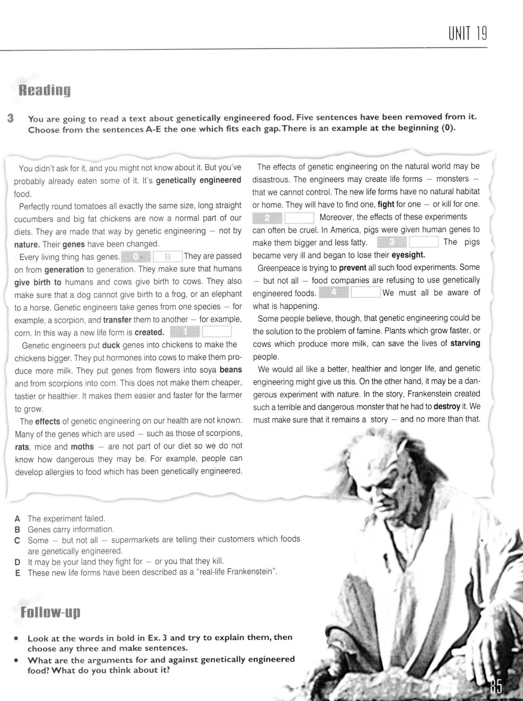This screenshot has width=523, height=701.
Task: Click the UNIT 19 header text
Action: pyautogui.click(x=468, y=34)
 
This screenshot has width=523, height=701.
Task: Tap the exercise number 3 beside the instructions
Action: pyautogui.click(x=11, y=119)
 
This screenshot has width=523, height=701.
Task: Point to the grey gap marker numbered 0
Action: pyautogui.click(x=136, y=256)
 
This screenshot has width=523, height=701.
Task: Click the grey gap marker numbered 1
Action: pyautogui.click(x=186, y=332)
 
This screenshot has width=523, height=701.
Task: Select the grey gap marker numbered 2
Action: pyautogui.click(x=267, y=217)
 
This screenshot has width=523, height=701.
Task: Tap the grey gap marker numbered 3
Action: pyautogui.click(x=392, y=242)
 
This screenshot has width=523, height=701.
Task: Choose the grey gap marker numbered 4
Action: pyautogui.click(x=333, y=293)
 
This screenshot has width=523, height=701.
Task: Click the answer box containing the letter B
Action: pyautogui.click(x=168, y=256)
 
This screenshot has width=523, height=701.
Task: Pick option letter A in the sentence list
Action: pyautogui.click(x=17, y=519)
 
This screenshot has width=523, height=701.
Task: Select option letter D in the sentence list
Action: pyautogui.click(x=17, y=562)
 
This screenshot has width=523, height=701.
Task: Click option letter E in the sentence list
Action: pyautogui.click(x=17, y=573)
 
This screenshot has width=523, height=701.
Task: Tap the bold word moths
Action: pyautogui.click(x=82, y=447)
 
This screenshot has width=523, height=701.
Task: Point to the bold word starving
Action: pyautogui.click(x=463, y=344)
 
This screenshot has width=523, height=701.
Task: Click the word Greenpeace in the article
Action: pyautogui.click(x=280, y=268)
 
